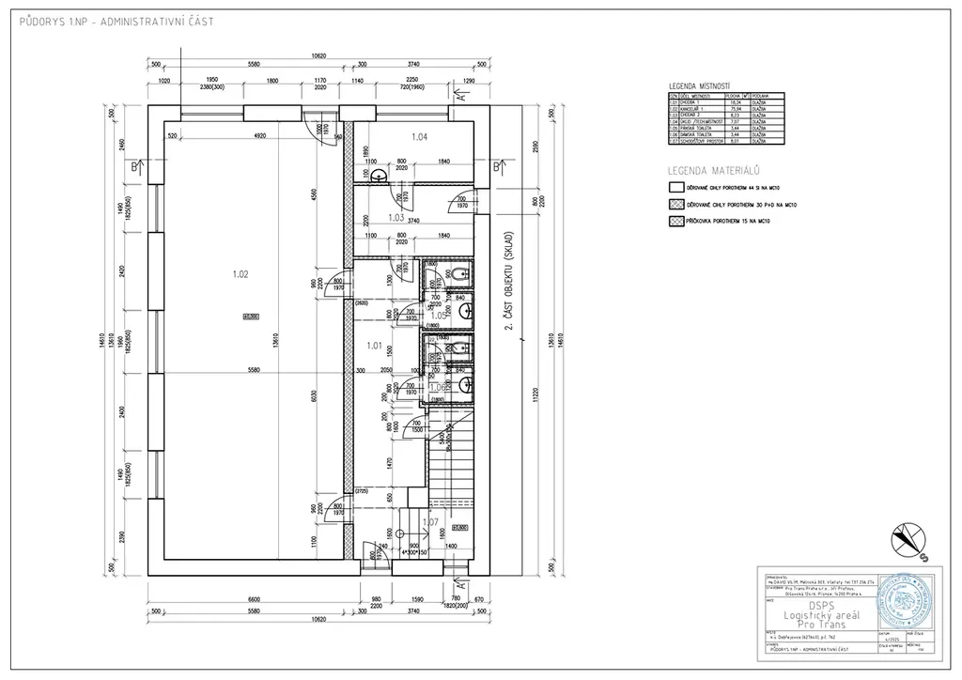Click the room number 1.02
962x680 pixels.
click(x=240, y=274)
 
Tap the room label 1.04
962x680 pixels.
click(x=419, y=137)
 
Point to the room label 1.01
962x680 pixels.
click(x=374, y=346)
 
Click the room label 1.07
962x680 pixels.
click(x=429, y=521)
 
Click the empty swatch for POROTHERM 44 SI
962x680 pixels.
click(x=674, y=188)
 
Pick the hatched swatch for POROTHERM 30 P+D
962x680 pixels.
click(x=674, y=204)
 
